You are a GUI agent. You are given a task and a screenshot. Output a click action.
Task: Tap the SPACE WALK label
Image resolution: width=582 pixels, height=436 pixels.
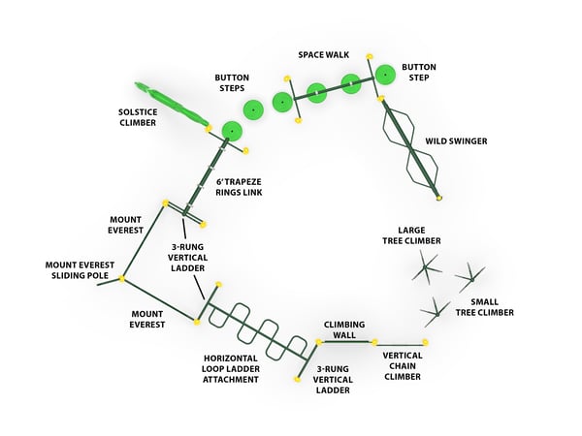(x=323, y=54)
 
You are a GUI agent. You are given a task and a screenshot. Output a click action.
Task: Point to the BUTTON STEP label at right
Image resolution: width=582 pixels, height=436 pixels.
(x=418, y=73)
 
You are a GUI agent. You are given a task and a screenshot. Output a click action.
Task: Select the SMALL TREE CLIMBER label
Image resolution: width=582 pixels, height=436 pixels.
(x=488, y=306)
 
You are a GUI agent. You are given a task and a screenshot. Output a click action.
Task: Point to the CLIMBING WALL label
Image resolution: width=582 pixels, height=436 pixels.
(x=344, y=328)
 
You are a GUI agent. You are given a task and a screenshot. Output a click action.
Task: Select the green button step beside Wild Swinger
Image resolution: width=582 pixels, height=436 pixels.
(x=385, y=74)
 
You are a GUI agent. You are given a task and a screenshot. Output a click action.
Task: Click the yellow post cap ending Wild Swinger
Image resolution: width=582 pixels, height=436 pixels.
(x=439, y=199)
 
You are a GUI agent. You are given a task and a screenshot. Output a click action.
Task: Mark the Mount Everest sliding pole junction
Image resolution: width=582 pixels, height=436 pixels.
(x=122, y=280)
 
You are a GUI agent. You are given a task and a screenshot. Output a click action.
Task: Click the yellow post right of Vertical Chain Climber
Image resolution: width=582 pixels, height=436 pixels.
(x=424, y=342)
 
